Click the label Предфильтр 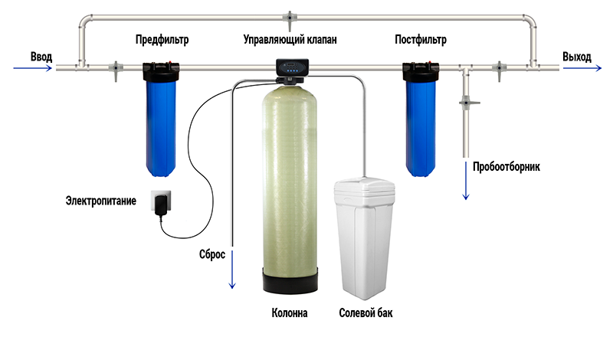click(x=162, y=40)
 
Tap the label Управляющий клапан click(x=290, y=40)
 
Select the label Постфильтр click(x=421, y=40)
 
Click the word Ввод click(x=41, y=57)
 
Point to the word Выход click(x=577, y=57)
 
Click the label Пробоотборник click(x=506, y=167)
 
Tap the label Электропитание click(x=101, y=201)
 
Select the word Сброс click(x=212, y=254)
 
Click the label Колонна click(x=290, y=313)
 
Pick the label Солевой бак click(x=366, y=313)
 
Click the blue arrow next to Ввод click(x=32, y=68)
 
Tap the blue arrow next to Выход click(x=582, y=68)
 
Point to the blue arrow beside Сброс click(x=232, y=270)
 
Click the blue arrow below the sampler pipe click(x=466, y=181)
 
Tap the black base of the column click(x=290, y=280)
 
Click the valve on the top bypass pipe click(x=290, y=20)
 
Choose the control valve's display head click(x=293, y=67)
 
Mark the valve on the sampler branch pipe click(x=468, y=103)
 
